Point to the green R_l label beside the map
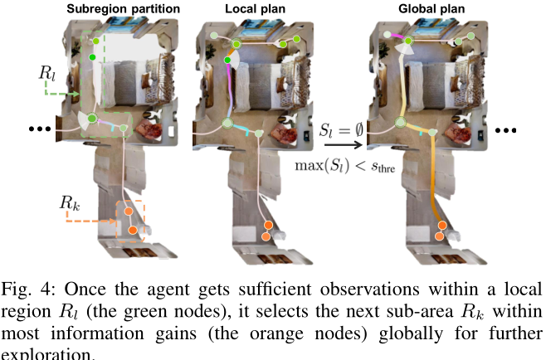tap(48, 73)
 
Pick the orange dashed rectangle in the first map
tap(130, 221)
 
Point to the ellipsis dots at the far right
tap(504, 131)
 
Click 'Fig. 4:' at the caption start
tap(24, 290)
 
